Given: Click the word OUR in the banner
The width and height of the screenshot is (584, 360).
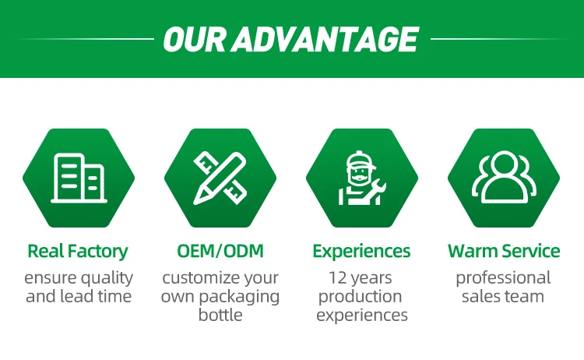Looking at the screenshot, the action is (x=195, y=39).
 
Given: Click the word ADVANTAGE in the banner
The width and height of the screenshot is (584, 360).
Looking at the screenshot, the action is (x=325, y=39).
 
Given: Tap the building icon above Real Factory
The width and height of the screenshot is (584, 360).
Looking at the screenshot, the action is (x=79, y=178).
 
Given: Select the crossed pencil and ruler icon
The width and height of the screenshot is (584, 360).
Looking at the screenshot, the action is (x=220, y=178).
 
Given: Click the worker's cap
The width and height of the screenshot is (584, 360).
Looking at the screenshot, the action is (x=361, y=160).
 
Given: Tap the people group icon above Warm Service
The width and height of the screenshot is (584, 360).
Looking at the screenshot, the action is (x=504, y=177).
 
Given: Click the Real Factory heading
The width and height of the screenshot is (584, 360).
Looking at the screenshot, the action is (x=78, y=251).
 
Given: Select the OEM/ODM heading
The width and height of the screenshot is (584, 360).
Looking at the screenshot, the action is (x=220, y=251).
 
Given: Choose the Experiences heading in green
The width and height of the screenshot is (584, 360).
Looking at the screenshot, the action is (x=361, y=252).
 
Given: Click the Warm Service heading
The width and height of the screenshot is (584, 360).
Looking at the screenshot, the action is (x=504, y=251).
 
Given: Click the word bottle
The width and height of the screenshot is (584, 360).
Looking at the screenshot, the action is (x=220, y=315).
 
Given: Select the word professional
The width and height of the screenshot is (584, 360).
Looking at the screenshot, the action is (x=503, y=278).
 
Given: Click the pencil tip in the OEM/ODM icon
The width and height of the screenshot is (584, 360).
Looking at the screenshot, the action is (x=196, y=201).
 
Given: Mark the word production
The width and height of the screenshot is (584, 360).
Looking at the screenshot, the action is (x=361, y=297).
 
